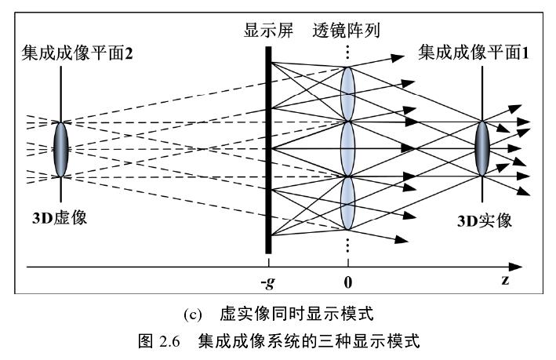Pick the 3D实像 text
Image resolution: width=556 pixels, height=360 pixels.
pyautogui.click(x=485, y=220)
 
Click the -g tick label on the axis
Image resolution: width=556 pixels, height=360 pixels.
pyautogui.click(x=267, y=281)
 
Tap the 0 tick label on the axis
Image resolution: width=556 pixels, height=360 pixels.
pyautogui.click(x=347, y=281)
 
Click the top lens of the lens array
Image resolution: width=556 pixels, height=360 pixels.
pyautogui.click(x=347, y=93)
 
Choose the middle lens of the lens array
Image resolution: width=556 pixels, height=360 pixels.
pyautogui.click(x=347, y=147)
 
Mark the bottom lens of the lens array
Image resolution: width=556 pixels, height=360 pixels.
pyautogui.click(x=347, y=202)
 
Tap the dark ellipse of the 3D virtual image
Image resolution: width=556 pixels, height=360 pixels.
pyautogui.click(x=60, y=147)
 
